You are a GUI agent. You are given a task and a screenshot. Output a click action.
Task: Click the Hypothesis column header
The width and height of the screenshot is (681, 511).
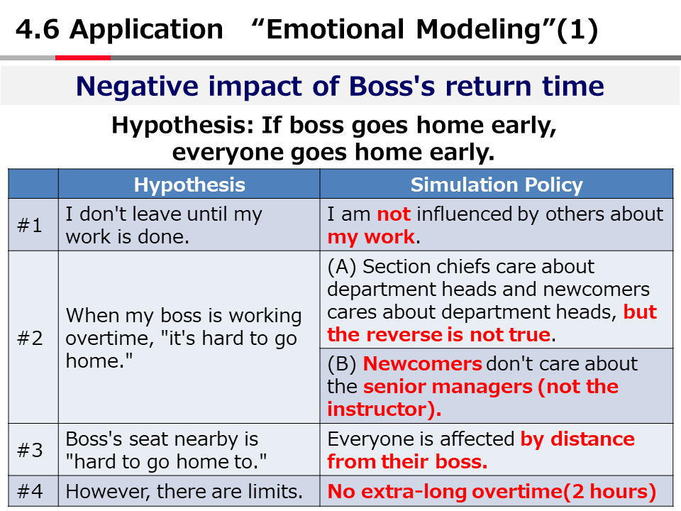[x=189, y=185]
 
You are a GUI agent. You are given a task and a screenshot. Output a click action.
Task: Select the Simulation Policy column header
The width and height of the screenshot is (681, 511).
[x=497, y=185]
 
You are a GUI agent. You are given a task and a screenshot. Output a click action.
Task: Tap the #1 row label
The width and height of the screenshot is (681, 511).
[x=30, y=226]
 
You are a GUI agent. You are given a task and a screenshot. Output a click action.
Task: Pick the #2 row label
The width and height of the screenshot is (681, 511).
[x=30, y=338]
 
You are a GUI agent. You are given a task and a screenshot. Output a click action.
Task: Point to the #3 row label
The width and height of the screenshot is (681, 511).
[x=30, y=450]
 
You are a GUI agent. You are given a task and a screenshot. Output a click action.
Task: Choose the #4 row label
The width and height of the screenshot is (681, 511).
[x=30, y=492]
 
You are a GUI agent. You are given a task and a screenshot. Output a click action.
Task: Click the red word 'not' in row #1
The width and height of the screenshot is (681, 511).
[x=394, y=214]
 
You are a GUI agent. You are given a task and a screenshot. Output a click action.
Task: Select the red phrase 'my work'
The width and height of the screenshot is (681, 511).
[x=371, y=237]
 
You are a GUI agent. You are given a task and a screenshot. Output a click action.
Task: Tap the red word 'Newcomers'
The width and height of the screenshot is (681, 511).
[x=422, y=363]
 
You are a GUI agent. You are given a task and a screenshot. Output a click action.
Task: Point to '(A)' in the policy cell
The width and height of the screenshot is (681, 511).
[x=342, y=267]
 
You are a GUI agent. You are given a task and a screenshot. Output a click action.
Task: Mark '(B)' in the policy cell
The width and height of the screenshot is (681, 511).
[x=342, y=364]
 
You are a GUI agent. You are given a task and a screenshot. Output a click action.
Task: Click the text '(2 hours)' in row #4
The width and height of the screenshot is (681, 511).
[x=610, y=492]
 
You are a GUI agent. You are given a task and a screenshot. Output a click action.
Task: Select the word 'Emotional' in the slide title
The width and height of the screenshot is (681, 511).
[x=335, y=30]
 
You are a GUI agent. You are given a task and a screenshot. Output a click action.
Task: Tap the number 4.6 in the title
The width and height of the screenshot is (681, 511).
[x=38, y=30]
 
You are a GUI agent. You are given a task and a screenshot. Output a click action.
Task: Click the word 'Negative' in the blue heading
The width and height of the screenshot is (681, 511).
[x=137, y=86]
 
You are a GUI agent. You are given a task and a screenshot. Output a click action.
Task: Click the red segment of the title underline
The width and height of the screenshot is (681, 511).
[x=83, y=57]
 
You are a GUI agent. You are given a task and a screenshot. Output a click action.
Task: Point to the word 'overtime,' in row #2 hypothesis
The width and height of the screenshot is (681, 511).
[x=109, y=339]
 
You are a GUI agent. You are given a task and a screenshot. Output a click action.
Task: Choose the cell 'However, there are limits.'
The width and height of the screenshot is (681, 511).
[x=184, y=492]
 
